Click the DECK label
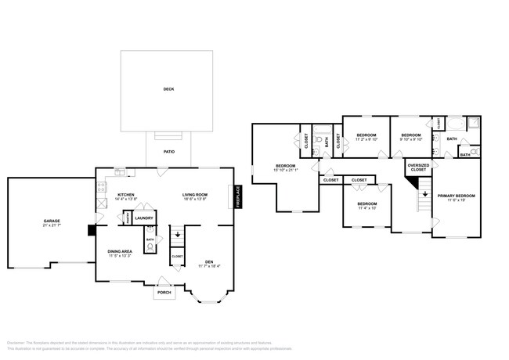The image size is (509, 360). [x=168, y=89]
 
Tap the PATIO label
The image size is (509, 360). [x=168, y=152]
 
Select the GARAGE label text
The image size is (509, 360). [x=52, y=221]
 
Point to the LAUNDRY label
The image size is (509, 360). [x=143, y=218]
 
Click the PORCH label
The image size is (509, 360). [x=164, y=292]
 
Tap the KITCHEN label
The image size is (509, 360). [x=127, y=195]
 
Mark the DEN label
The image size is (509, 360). [x=209, y=261]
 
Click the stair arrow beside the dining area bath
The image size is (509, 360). [x=177, y=233]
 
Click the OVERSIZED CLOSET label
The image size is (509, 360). [x=418, y=167]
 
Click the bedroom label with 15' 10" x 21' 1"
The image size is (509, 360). [x=285, y=165]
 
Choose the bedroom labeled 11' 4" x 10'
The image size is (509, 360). [x=367, y=203]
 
